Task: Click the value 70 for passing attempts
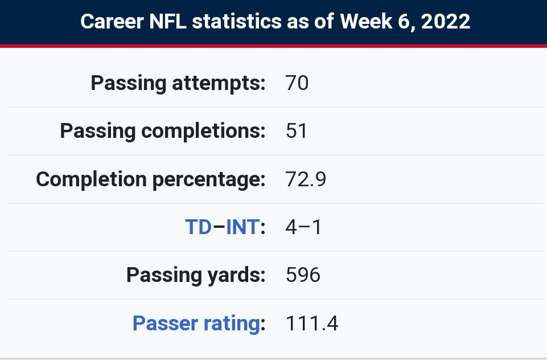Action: [297, 83]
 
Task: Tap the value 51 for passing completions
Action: [297, 131]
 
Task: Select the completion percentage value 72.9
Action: [306, 179]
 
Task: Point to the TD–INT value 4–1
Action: [303, 227]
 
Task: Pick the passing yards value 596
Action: [303, 275]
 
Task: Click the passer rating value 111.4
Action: [311, 324]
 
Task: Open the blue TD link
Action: [199, 227]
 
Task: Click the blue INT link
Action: [242, 227]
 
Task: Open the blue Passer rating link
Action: [196, 324]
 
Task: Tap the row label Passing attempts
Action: [178, 83]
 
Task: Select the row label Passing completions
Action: [162, 131]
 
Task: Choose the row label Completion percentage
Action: [150, 179]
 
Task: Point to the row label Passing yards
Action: [195, 275]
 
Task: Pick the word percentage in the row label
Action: [208, 179]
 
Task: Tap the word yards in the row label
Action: [234, 275]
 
